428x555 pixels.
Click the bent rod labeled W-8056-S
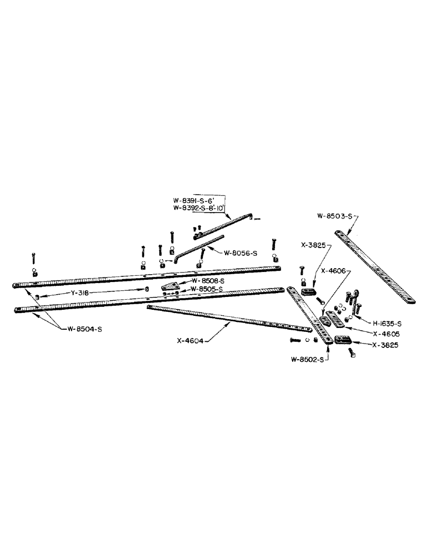[x=200, y=244]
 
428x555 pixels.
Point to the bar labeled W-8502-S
[x=310, y=316]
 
